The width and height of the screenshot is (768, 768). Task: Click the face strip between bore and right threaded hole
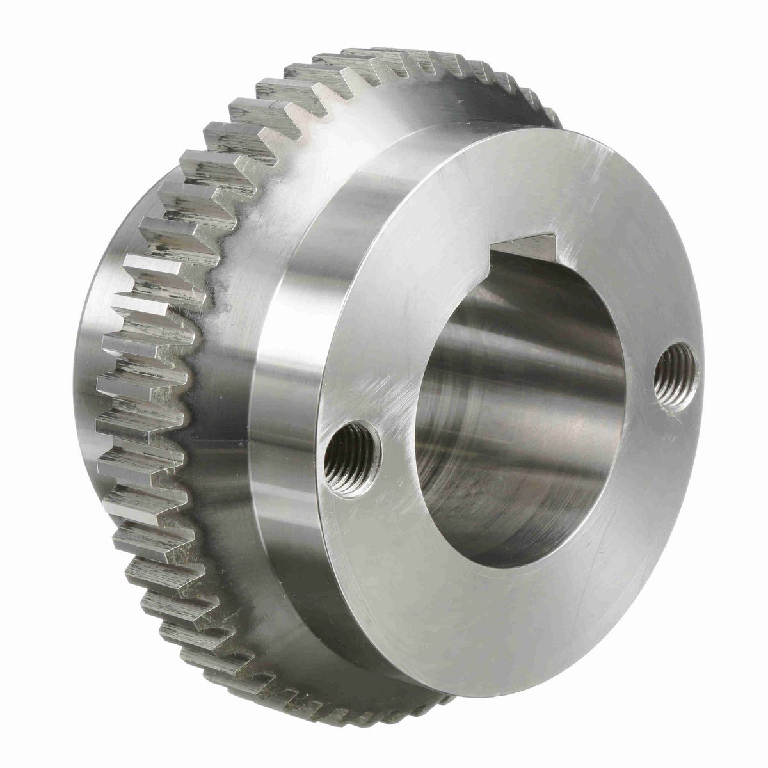pos(640,384)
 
